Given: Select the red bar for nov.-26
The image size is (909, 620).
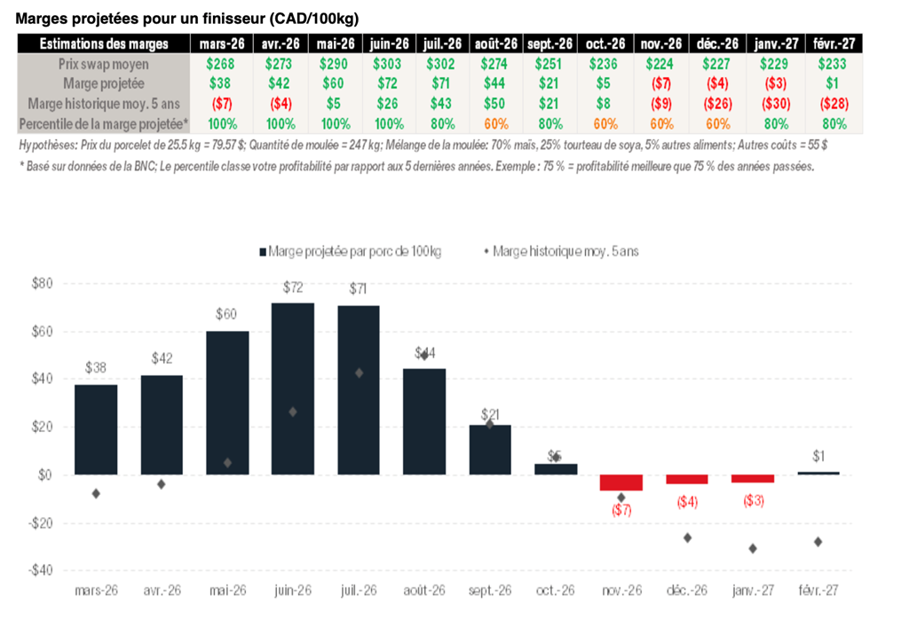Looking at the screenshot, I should coord(621,483).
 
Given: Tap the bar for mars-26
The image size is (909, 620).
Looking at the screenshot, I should coord(96,429).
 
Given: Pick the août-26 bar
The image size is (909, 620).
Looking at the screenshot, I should coord(424,421).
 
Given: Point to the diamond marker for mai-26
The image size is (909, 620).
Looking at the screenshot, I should coord(227,462).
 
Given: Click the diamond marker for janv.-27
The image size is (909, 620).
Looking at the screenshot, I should coord(753,548).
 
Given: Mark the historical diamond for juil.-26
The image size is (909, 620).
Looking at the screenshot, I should coord(359,373).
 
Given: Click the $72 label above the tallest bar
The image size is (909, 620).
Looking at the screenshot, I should coord(293,287).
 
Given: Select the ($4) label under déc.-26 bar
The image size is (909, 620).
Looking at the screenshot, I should coord(687,501).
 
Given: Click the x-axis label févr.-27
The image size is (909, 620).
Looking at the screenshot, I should coord(818,590).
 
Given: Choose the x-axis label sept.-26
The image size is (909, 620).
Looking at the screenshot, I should coord(490,590).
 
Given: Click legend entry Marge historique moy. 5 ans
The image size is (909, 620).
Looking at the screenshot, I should coord(565,251).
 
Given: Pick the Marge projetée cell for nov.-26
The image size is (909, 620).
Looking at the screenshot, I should coord(661,83).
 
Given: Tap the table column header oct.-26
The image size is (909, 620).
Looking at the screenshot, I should coord(606,43).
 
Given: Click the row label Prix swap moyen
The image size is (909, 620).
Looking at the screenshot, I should coord(103,64).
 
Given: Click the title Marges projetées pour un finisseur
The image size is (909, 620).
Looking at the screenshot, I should coord(187,18).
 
